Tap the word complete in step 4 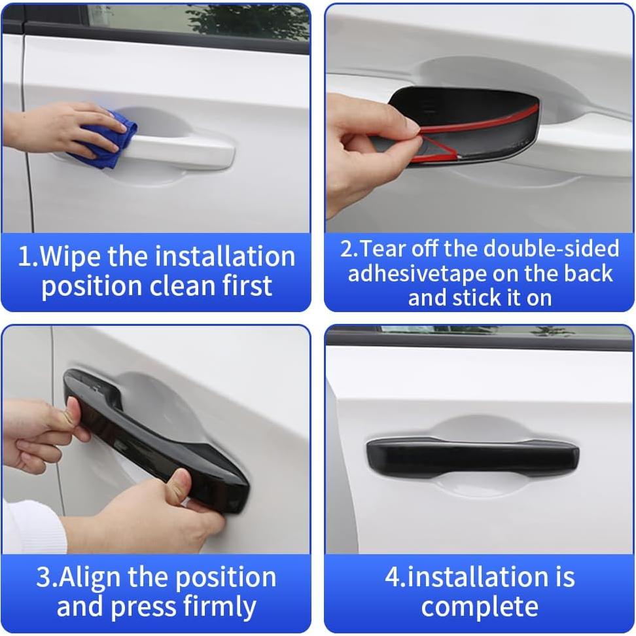pos(479,607)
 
